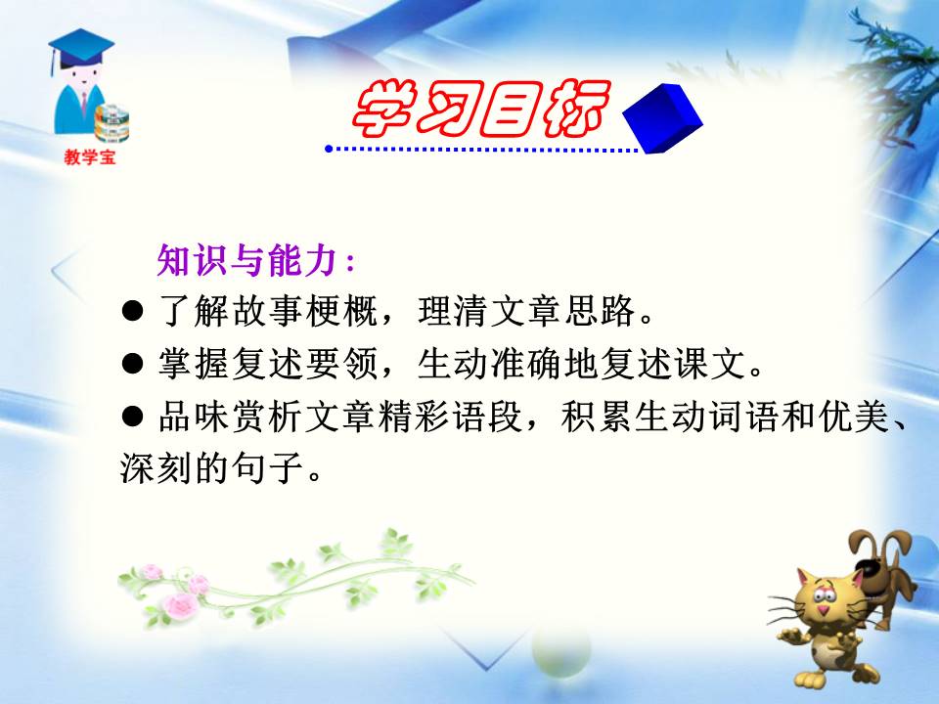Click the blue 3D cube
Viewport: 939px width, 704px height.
(x=662, y=117)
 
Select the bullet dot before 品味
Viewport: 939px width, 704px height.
(x=133, y=418)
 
